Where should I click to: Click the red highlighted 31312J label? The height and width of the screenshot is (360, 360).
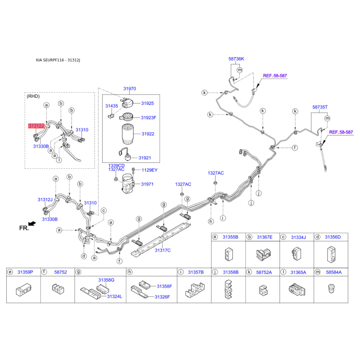click(36, 126)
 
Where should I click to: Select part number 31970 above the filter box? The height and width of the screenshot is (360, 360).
click(130, 89)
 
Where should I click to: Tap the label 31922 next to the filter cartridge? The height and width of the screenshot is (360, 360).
click(148, 134)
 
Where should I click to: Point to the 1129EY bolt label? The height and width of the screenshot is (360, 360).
click(149, 170)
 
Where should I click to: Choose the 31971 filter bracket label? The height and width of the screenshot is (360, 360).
click(147, 184)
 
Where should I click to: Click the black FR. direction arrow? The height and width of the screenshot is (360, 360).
click(32, 223)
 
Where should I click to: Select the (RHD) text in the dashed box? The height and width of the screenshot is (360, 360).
click(33, 96)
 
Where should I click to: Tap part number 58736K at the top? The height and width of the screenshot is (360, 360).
click(236, 59)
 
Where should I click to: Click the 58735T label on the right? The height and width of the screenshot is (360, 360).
click(320, 107)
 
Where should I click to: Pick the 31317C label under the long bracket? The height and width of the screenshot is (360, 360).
click(162, 250)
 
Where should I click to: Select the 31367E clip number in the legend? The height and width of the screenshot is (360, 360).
click(265, 237)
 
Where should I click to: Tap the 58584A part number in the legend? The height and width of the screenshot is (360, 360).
click(334, 272)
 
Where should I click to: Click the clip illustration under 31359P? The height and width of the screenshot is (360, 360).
click(23, 290)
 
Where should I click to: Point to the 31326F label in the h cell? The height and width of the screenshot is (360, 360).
click(162, 297)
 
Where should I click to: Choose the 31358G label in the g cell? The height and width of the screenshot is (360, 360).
click(106, 280)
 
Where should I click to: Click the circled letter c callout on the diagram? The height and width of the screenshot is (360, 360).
click(104, 211)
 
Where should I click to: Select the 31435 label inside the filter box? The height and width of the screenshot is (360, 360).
click(112, 106)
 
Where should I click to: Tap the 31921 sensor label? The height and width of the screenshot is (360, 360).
click(144, 158)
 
